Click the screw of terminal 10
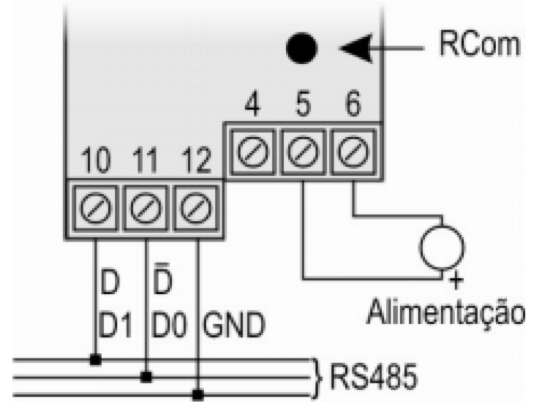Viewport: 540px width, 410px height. pos(96,208)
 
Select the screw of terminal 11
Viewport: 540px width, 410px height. pos(146,208)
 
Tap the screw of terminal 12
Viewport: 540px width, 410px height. pos(196,208)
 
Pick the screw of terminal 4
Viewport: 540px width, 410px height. pos(253,151)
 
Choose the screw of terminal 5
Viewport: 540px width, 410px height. pos(303,151)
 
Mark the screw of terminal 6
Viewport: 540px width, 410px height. pos(353,151)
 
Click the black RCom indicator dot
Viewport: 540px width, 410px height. pos(301,48)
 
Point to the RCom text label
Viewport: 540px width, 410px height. pos(480,44)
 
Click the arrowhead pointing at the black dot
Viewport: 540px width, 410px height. pos(356,48)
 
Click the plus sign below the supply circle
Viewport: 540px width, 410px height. pos(456,280)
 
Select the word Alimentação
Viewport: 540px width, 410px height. pos(446,312)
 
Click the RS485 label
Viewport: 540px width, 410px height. pos(374,377)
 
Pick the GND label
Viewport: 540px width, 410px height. pos(234,325)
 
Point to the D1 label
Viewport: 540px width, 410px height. pos(115,325)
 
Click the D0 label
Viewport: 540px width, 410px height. pos(169,325)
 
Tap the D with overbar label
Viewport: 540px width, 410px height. pos(162,279)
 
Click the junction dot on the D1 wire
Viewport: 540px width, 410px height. pos(95,360)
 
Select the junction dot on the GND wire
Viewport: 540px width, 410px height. pos(197,395)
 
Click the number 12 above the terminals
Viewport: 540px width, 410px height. pos(196,160)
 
